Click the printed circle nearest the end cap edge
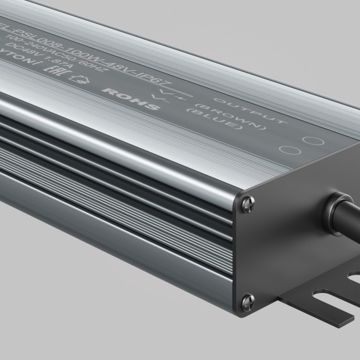(309, 140)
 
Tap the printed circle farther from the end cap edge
(288, 151)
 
